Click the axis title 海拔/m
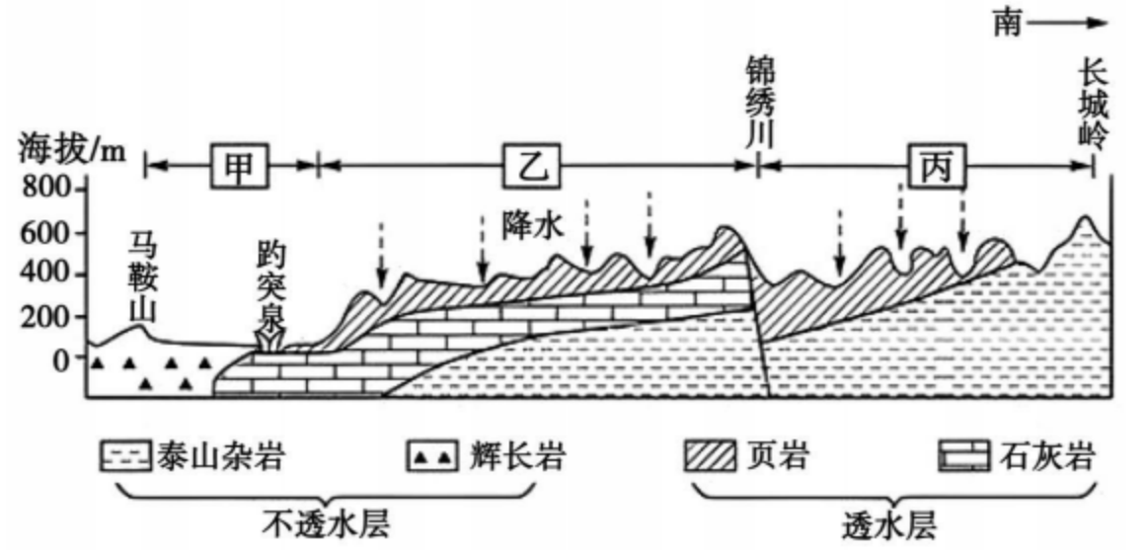pos(72,151)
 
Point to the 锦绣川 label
pos(762,103)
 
